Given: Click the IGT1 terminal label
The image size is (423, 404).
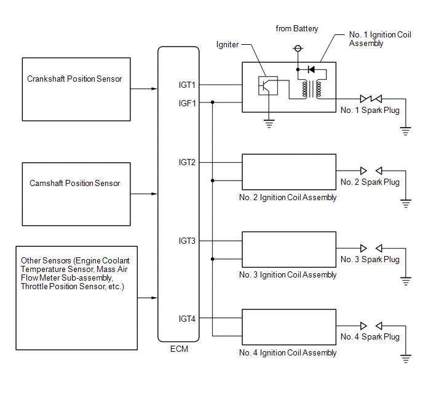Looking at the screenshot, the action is click(187, 85).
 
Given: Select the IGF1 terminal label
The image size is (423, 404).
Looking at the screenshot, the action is click(188, 103).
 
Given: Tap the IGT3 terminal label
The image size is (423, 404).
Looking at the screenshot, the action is click(187, 241).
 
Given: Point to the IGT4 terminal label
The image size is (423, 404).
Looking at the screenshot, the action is click(187, 319).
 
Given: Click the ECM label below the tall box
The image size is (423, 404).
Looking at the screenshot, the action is click(179, 349).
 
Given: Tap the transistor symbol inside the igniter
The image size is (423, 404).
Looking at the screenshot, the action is click(268, 85).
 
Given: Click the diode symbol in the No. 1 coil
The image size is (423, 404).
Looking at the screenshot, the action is click(311, 69).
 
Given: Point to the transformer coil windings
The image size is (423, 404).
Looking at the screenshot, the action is click(312, 89).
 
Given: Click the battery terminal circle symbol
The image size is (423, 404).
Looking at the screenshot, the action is click(298, 49).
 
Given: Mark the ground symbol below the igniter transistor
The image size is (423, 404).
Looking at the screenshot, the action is click(269, 124).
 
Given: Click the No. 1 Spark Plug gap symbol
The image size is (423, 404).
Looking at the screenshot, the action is click(371, 99).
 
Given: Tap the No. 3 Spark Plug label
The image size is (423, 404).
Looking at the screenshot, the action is click(370, 259).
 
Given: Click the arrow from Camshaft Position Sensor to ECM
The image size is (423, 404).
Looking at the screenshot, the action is click(144, 194).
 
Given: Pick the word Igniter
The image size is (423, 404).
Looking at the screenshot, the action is click(227, 44).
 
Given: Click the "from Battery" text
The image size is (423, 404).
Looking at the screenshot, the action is click(297, 28).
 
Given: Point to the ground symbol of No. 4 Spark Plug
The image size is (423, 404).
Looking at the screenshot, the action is click(406, 359).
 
